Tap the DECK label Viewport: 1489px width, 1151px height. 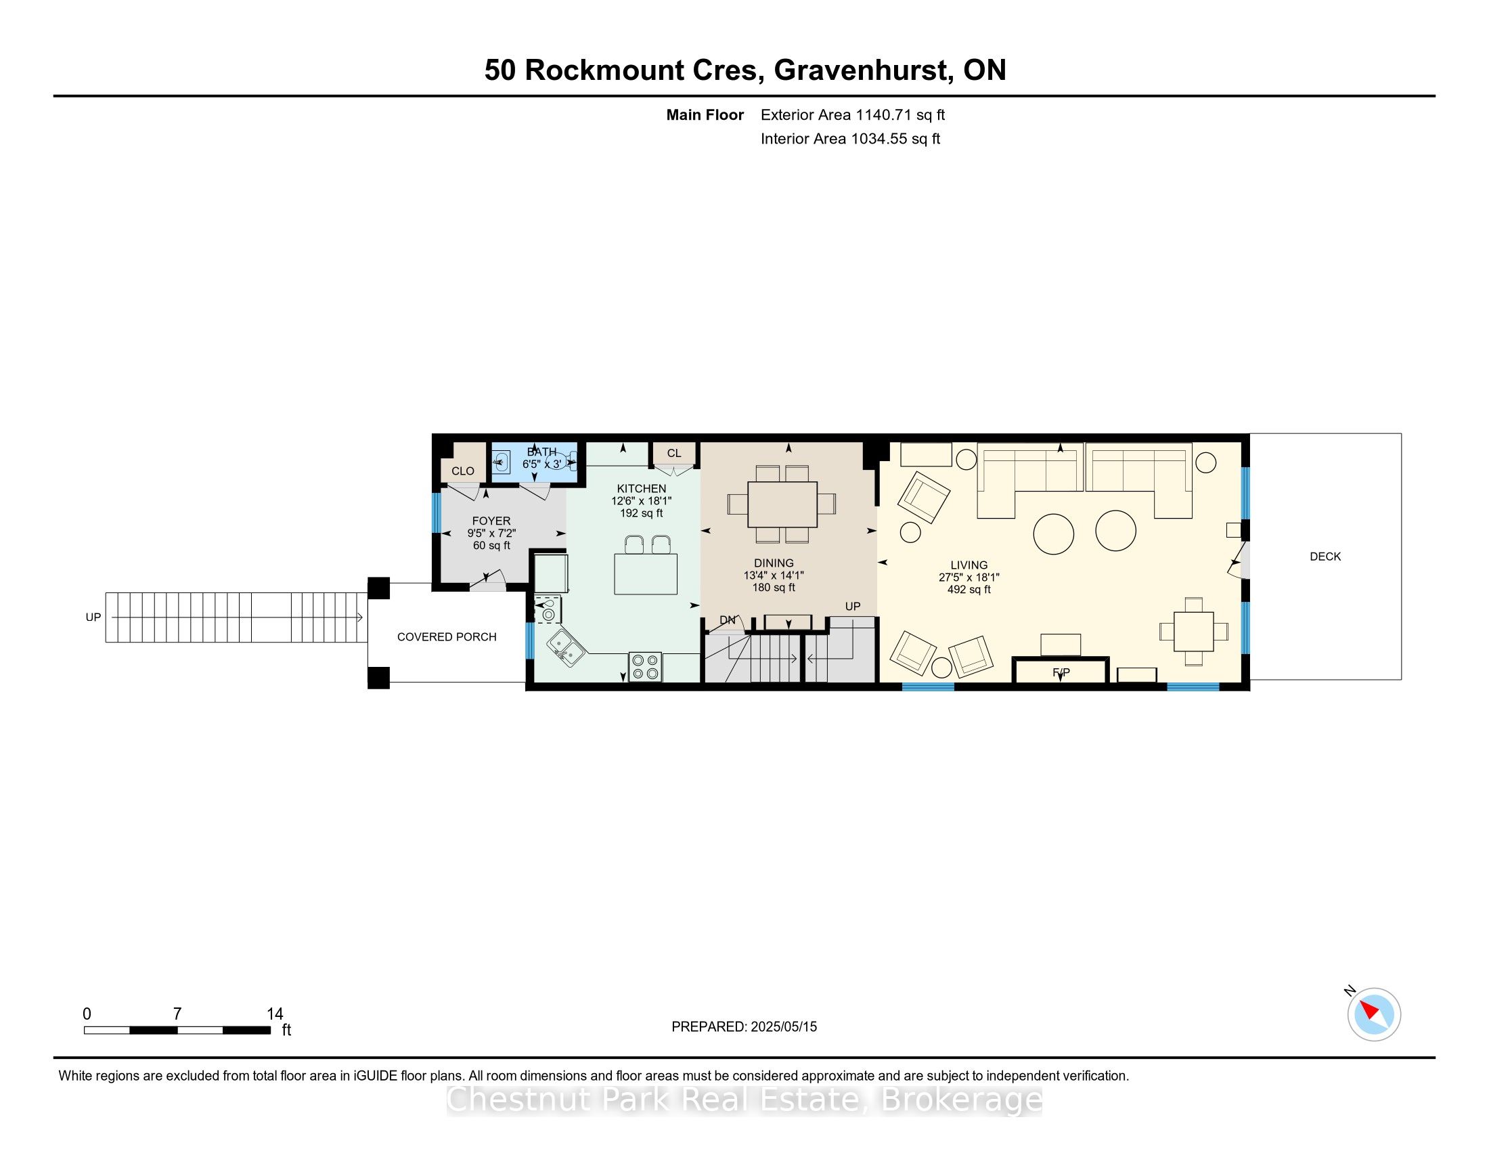point(1325,557)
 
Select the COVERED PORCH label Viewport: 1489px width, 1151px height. point(447,637)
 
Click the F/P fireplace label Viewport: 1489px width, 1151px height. point(1061,672)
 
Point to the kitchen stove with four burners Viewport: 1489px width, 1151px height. point(645,667)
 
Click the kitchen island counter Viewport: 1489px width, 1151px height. point(646,574)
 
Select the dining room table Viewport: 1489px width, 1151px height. point(782,504)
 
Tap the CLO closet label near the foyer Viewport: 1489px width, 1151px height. point(463,471)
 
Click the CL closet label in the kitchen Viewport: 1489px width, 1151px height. point(673,454)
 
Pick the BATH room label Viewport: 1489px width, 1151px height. point(541,452)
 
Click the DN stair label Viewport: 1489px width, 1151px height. point(728,620)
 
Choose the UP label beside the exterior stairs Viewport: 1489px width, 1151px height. point(93,617)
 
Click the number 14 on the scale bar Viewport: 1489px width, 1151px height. point(275,1014)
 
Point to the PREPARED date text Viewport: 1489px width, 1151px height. point(744,1026)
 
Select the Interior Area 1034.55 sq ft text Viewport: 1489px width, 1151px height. point(850,139)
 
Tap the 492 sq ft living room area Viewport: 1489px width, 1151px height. point(969,589)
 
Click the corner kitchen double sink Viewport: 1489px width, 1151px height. point(565,648)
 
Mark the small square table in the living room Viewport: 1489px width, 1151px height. point(1194,632)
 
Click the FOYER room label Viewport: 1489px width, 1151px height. point(491,521)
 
